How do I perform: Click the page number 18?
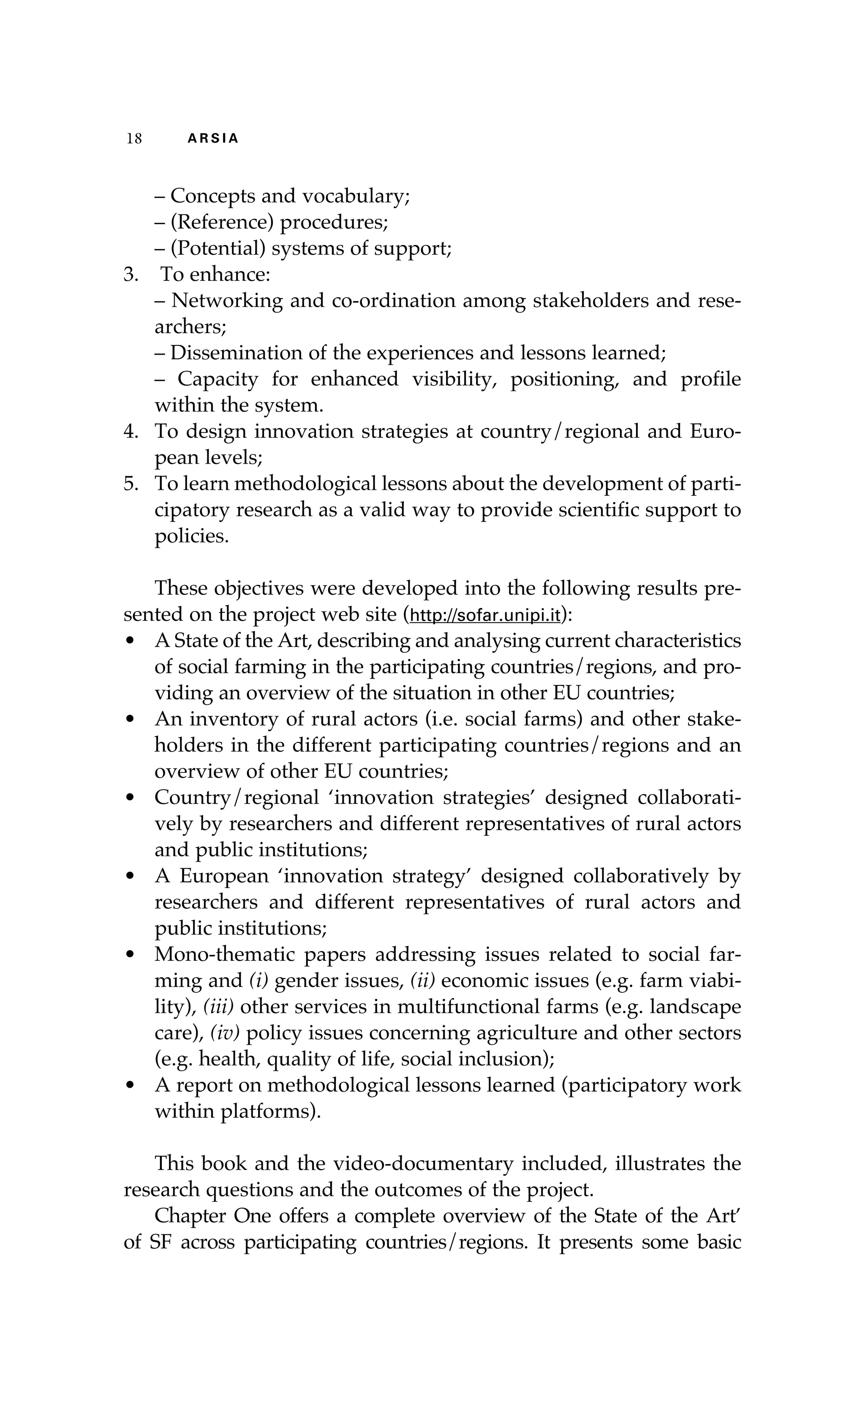[134, 139]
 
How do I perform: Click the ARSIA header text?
[213, 139]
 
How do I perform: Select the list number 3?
[131, 274]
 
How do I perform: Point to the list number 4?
[131, 432]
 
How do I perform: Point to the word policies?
[191, 536]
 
